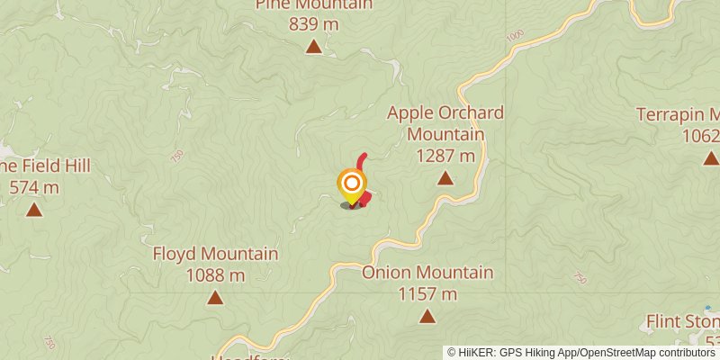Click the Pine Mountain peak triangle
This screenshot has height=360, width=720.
314,47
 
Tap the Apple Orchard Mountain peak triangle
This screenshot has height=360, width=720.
445,178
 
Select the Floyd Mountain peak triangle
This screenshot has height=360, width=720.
215,297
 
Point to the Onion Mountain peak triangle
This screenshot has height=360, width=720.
427,316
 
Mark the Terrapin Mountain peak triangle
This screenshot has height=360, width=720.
710,158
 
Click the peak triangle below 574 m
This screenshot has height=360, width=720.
34,211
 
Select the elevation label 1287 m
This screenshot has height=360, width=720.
445,156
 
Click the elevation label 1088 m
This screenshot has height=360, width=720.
215,274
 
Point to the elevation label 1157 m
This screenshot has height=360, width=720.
427,293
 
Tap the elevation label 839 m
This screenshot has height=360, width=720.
314,24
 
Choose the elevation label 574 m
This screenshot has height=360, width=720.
34,187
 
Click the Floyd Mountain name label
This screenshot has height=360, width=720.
215,254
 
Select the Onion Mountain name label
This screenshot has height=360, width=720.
427,273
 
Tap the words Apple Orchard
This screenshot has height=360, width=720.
445,113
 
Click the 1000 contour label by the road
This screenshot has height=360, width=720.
515,36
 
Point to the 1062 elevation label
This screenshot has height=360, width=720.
703,136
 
